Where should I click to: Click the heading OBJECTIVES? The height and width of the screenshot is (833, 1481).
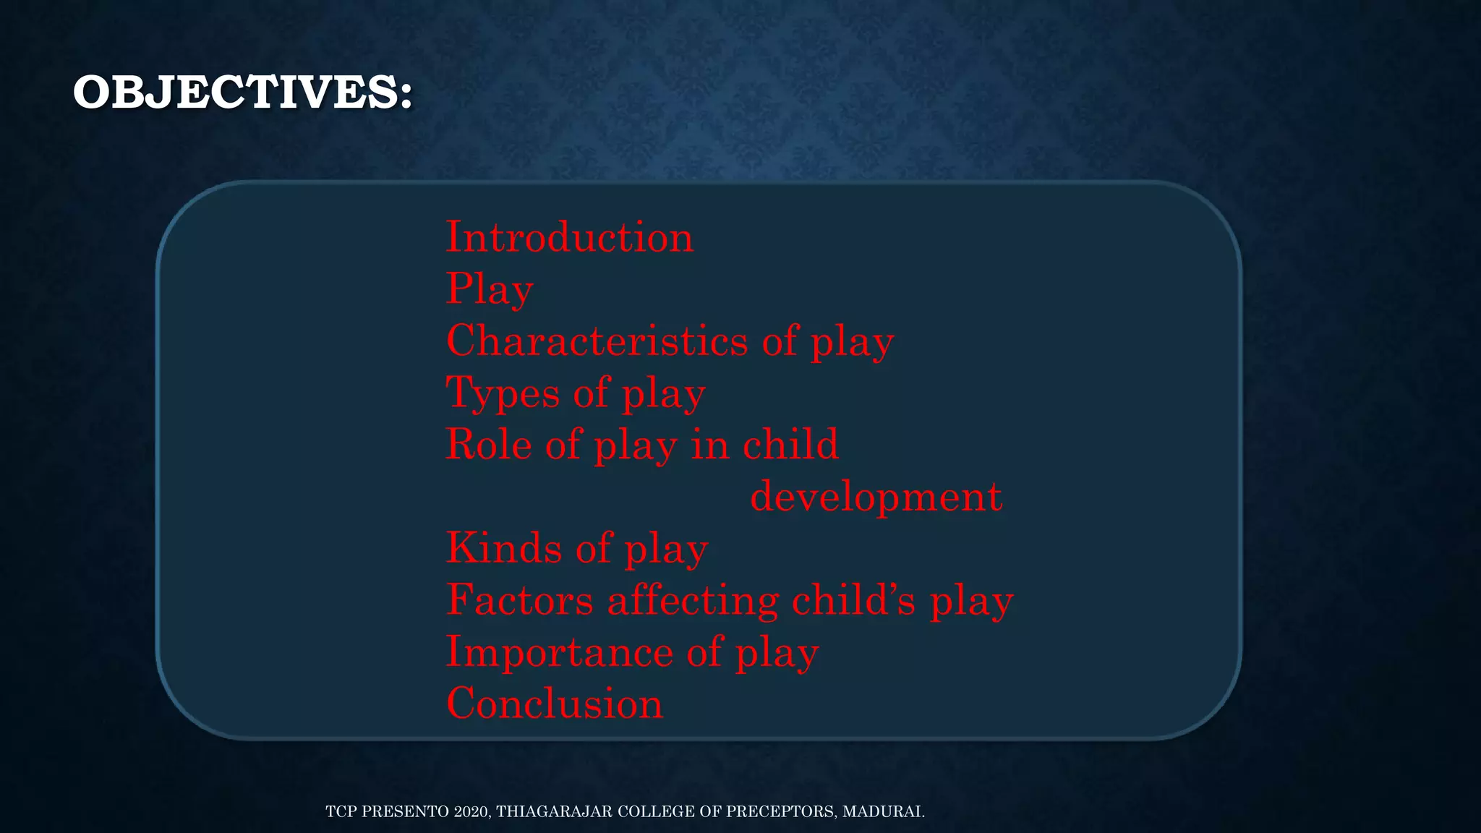[243, 93]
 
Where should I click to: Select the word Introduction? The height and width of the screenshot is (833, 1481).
[569, 237]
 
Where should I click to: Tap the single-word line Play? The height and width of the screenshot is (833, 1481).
[490, 289]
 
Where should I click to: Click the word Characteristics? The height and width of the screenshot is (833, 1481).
[597, 341]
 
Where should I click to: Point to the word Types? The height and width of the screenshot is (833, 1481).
[503, 393]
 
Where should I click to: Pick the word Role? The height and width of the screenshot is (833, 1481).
[488, 444]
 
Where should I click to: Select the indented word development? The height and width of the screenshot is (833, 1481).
[876, 497]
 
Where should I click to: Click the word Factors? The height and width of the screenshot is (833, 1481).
[519, 600]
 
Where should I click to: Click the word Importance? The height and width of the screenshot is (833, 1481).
[560, 652]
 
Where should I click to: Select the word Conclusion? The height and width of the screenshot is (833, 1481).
[555, 704]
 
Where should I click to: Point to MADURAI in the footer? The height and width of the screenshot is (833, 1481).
[883, 811]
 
